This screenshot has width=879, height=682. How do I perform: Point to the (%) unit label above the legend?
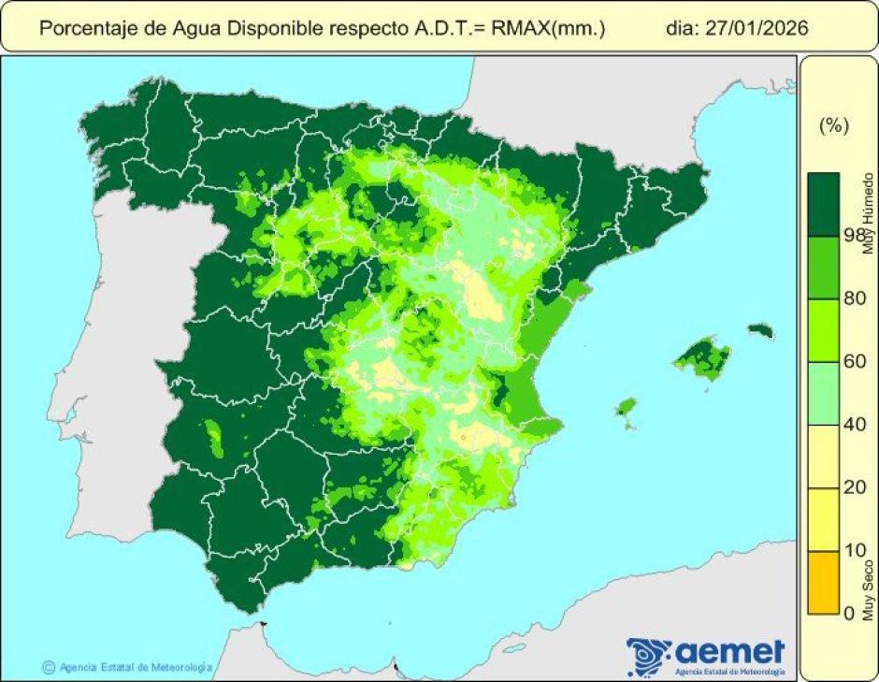click(x=832, y=126)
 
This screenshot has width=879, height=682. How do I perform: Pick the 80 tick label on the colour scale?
click(x=854, y=298)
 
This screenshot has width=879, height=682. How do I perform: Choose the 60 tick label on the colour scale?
click(x=854, y=361)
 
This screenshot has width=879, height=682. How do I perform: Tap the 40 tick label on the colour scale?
click(x=854, y=425)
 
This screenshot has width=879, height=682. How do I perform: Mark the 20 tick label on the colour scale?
click(x=854, y=487)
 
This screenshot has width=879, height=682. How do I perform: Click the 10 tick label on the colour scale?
click(x=854, y=550)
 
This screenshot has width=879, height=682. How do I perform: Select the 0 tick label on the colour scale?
click(x=849, y=613)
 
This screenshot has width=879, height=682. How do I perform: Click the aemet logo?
click(x=707, y=653)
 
